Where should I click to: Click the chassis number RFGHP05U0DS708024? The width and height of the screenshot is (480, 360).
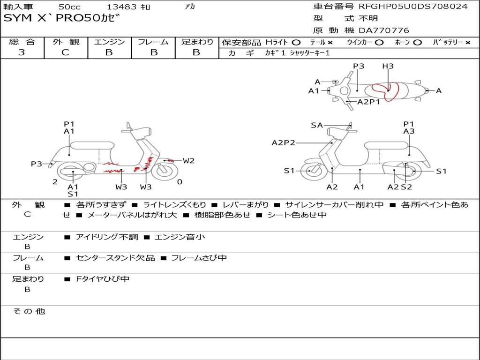[x=413, y=7]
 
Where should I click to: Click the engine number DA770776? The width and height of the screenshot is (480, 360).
[x=383, y=30]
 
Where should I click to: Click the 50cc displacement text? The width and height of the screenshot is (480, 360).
[x=70, y=7]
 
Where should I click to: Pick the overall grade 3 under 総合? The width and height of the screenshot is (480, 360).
[x=22, y=52]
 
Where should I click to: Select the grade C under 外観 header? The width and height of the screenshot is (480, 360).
[x=65, y=52]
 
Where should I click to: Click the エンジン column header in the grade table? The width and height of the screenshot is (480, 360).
[x=109, y=42]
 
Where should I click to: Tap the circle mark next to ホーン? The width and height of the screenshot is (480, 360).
[x=417, y=43]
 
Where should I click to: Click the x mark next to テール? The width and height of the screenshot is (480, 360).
[x=330, y=43]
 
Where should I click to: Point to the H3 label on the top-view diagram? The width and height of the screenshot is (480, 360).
[x=388, y=66]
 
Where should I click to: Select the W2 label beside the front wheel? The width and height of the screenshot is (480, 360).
[x=188, y=161]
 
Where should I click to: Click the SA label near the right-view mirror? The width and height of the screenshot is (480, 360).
[x=317, y=125]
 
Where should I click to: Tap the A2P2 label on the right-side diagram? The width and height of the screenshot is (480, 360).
[x=284, y=142]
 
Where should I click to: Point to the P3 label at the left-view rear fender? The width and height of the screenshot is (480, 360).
[x=37, y=164]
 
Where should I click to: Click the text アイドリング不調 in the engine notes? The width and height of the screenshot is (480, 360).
[x=107, y=237]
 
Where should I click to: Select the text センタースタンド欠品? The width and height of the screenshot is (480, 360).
[x=115, y=258]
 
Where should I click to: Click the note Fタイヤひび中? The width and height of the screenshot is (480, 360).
[x=103, y=279]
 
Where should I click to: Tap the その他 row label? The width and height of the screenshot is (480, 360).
[x=29, y=311]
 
